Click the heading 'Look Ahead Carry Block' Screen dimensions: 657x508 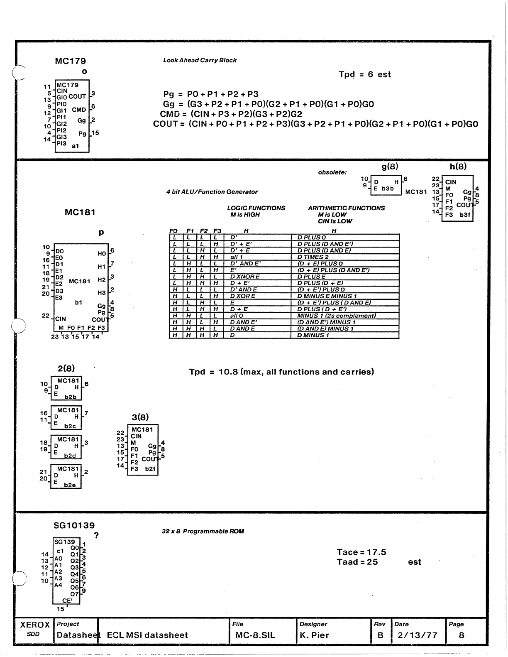(x=200, y=60)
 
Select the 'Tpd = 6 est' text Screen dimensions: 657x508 (x=364, y=75)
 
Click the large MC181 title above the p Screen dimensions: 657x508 (x=80, y=212)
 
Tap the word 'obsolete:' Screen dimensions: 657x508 (x=332, y=172)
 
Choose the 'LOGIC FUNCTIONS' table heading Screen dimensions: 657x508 (x=256, y=208)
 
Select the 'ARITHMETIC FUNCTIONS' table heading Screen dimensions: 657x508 (x=346, y=208)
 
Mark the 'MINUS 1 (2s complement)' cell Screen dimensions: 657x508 (x=337, y=316)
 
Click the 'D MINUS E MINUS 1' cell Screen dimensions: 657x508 (x=327, y=296)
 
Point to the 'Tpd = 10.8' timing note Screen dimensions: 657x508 (x=281, y=372)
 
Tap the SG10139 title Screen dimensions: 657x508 (x=74, y=526)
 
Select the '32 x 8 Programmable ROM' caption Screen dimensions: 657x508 (x=203, y=532)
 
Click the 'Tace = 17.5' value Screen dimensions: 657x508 (x=361, y=552)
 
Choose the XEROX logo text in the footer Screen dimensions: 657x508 (x=35, y=625)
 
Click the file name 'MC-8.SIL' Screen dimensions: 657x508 (x=255, y=635)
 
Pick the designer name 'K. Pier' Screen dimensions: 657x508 (x=314, y=635)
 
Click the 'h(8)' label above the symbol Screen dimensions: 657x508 (x=458, y=167)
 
